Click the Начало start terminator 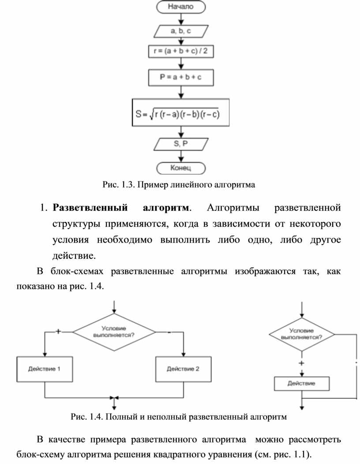pos(180,7)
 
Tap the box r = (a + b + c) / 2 pos(180,52)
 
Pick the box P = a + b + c pos(180,77)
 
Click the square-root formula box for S pos(180,113)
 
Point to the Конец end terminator pos(180,168)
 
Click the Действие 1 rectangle pos(45,369)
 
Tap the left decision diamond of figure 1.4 pos(114,332)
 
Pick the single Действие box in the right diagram pos(302,383)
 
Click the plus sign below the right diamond pos(302,363)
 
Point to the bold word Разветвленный pos(90,207)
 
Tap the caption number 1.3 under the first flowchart pos(126,185)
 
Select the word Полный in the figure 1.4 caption pos(120,416)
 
